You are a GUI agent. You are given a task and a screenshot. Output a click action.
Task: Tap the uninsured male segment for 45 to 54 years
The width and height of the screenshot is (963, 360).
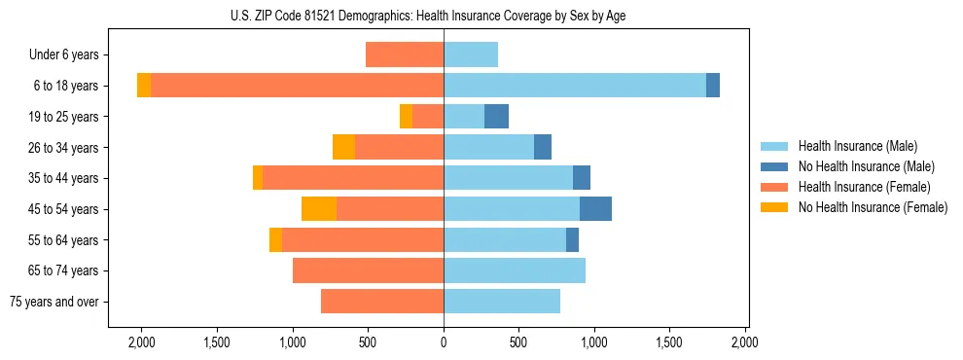click(x=595, y=209)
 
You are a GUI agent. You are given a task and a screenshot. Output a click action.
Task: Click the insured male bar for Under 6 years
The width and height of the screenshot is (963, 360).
click(x=471, y=54)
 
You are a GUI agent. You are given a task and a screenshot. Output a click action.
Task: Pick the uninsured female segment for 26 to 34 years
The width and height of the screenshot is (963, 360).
click(x=343, y=147)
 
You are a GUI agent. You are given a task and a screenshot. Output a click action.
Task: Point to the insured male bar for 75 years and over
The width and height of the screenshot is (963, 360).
click(x=502, y=302)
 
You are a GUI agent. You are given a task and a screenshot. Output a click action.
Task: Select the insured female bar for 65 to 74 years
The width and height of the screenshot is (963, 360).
click(x=368, y=270)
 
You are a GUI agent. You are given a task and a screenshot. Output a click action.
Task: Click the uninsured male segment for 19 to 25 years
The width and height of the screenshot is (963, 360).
click(x=496, y=117)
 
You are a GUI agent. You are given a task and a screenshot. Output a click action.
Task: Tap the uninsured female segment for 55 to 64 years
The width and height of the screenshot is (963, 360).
click(x=275, y=240)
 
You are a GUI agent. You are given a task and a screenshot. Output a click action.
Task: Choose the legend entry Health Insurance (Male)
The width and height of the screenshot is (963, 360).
click(x=857, y=146)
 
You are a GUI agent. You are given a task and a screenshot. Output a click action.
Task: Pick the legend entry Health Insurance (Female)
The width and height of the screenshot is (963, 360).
click(x=864, y=187)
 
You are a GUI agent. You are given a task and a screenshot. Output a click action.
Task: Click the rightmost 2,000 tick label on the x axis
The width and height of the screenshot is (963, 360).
click(x=745, y=342)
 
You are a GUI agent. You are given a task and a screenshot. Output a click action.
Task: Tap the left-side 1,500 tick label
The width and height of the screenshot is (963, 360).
click(x=217, y=342)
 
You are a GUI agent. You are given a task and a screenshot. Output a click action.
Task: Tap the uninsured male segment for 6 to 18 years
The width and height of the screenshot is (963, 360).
click(x=713, y=86)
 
